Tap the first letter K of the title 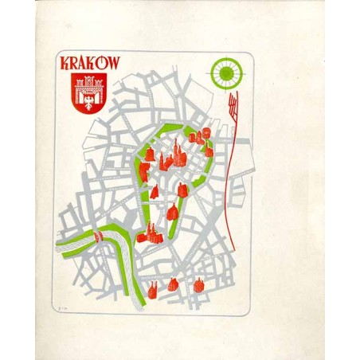pyautogui.click(x=65, y=64)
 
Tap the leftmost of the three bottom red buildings pyautogui.click(x=152, y=290)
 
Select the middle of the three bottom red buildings pyautogui.click(x=173, y=284)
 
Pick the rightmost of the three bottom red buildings pyautogui.click(x=198, y=282)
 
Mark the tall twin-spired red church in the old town pyautogui.click(x=179, y=155)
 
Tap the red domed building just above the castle pyautogui.click(x=172, y=212)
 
